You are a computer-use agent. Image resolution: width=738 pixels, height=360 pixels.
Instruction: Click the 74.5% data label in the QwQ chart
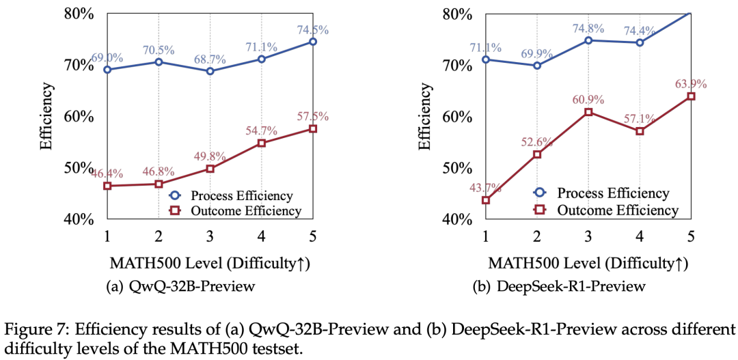[x=312, y=29]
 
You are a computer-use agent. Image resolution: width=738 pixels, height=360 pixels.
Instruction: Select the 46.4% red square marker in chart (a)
[x=108, y=186]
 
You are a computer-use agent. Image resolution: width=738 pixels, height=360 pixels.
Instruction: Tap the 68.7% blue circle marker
[x=210, y=71]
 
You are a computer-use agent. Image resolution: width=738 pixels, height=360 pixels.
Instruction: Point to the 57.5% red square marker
[x=312, y=128]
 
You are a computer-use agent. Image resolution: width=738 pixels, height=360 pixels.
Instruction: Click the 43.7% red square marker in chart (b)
[x=486, y=200]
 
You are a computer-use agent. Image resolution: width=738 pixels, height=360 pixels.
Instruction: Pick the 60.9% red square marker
[x=588, y=111]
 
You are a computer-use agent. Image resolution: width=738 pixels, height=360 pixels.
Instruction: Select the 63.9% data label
[x=690, y=84]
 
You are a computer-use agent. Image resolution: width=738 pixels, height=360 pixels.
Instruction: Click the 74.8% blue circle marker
[x=588, y=40]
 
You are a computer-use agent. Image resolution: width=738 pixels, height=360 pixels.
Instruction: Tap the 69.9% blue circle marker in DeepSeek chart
[x=537, y=66]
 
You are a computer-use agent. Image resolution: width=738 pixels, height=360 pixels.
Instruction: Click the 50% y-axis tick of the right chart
[x=457, y=168]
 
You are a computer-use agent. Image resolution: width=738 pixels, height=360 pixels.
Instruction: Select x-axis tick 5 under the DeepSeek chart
[x=690, y=236]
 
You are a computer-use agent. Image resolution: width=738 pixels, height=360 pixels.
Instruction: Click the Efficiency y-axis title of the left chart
[x=46, y=116]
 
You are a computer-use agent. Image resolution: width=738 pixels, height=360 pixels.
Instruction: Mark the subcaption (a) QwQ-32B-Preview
[x=181, y=286]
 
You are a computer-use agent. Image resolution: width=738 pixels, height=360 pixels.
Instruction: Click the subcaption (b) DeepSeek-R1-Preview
[x=559, y=286]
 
